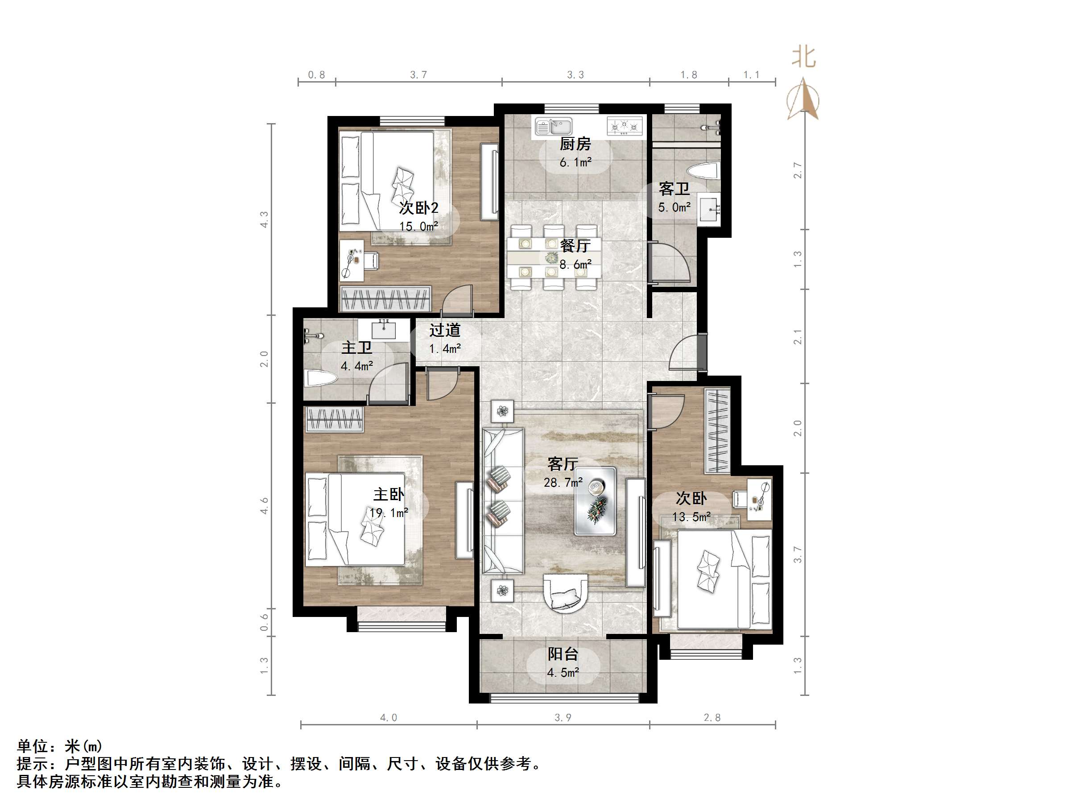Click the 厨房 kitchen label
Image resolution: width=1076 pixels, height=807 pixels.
coord(575,144)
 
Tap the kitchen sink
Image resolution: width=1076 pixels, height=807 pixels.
coord(553,127)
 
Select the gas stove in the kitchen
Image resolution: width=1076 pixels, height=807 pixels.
coord(625,127)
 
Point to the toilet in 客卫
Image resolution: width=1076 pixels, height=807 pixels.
coord(703,171)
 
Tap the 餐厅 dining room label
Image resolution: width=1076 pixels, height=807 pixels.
coord(575,246)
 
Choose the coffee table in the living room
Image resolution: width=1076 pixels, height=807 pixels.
coord(596,501)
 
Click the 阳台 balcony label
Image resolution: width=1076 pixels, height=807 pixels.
coord(563,654)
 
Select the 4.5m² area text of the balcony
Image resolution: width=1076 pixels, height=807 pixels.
coord(563,673)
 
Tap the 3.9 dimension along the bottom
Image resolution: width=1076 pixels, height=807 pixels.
coord(563,717)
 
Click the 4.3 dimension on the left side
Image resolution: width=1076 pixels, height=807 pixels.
coord(264,219)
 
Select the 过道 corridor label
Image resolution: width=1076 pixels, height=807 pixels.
coord(445,330)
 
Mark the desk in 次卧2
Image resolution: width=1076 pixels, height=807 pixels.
coord(351,260)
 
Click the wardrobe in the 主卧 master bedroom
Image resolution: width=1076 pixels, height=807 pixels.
coord(334,419)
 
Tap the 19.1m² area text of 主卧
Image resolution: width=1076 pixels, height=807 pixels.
coord(388,513)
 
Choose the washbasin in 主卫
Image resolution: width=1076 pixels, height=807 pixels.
coord(384,329)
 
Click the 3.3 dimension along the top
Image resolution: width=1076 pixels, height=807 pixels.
coord(575,75)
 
